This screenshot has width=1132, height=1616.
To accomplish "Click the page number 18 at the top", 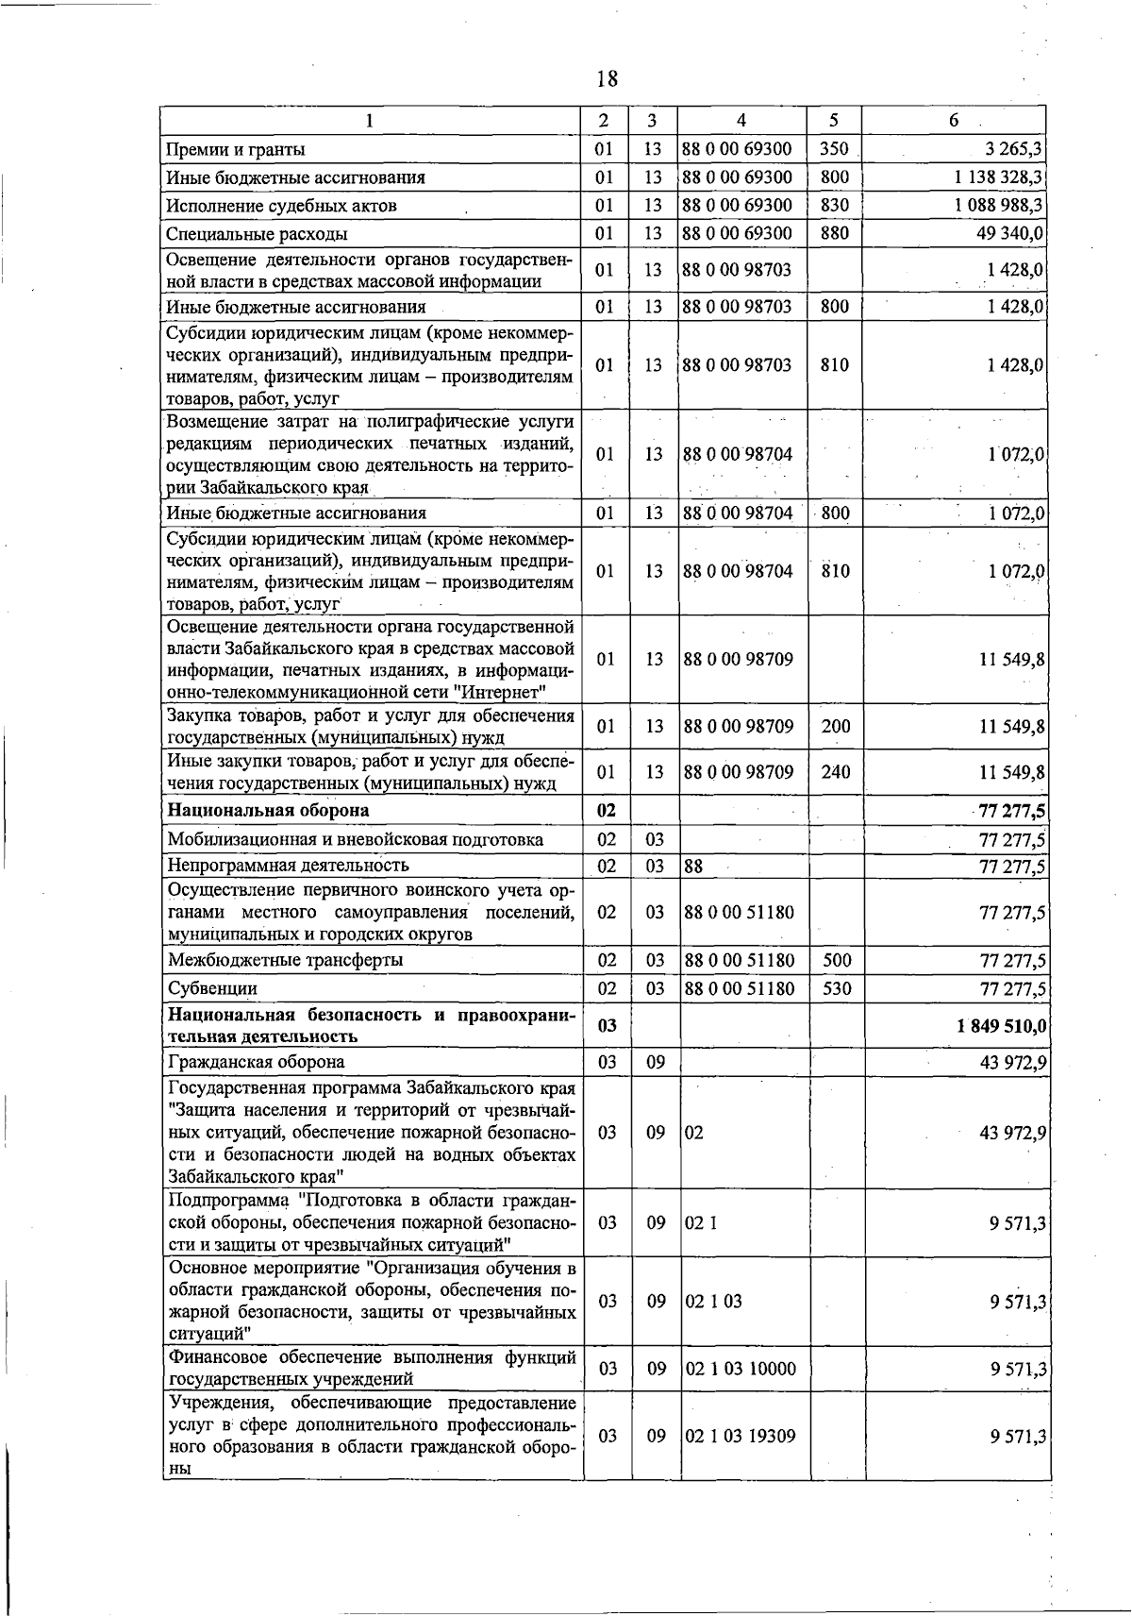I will (607, 78).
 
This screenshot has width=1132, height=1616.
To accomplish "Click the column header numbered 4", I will (741, 121).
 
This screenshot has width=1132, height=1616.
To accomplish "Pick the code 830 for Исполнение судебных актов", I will (835, 205).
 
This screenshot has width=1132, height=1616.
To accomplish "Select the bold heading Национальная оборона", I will (268, 810).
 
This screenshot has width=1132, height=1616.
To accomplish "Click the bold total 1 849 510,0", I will (1002, 1026).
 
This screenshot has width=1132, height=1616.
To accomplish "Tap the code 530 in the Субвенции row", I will (836, 988).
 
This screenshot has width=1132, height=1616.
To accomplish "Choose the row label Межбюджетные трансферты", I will (285, 960).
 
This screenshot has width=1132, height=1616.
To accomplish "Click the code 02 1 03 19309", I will (741, 1436).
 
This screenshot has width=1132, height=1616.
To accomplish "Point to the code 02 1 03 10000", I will (741, 1369).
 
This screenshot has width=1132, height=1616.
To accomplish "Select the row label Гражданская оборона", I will (256, 1063).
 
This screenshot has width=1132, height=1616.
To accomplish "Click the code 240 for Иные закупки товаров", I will (836, 772).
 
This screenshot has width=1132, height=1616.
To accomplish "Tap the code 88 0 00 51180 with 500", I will (740, 960).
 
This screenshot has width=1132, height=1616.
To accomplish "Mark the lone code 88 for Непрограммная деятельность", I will (693, 866).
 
